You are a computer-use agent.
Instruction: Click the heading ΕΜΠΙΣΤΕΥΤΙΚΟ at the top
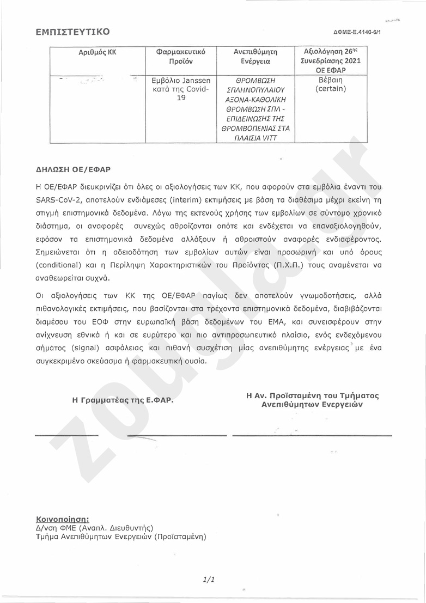(72, 32)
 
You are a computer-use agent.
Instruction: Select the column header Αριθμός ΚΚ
(98, 53)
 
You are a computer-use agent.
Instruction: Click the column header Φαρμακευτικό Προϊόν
(180, 57)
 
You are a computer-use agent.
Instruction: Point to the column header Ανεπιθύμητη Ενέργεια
(255, 57)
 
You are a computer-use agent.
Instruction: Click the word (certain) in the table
(331, 89)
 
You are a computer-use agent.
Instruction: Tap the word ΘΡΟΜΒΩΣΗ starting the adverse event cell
(255, 80)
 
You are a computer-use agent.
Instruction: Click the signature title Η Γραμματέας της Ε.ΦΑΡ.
(123, 400)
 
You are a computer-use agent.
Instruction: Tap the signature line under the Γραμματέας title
(66, 436)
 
